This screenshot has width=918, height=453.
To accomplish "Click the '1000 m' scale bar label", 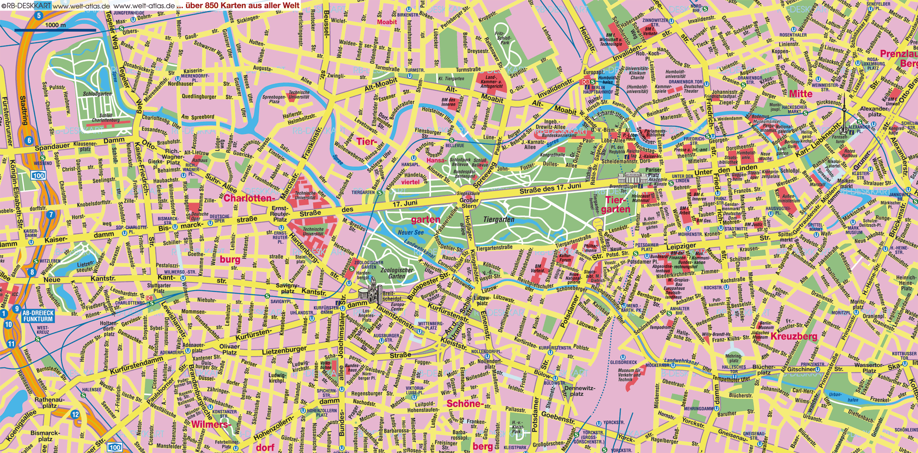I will (55, 25).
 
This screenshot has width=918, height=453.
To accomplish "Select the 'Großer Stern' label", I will (469, 203).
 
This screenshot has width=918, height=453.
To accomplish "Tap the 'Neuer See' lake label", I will (411, 232).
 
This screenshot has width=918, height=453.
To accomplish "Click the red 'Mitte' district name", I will (800, 94).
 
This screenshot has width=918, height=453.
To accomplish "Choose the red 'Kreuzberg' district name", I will (794, 336).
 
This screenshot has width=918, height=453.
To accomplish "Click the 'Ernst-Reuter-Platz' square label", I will (280, 214).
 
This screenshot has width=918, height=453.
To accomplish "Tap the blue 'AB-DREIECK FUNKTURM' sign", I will (38, 316).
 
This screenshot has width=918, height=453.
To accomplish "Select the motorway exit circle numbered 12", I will (75, 414).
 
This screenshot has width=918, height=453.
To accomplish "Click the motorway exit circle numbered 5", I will (38, 16).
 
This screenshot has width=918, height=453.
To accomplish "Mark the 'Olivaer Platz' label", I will (229, 349).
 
